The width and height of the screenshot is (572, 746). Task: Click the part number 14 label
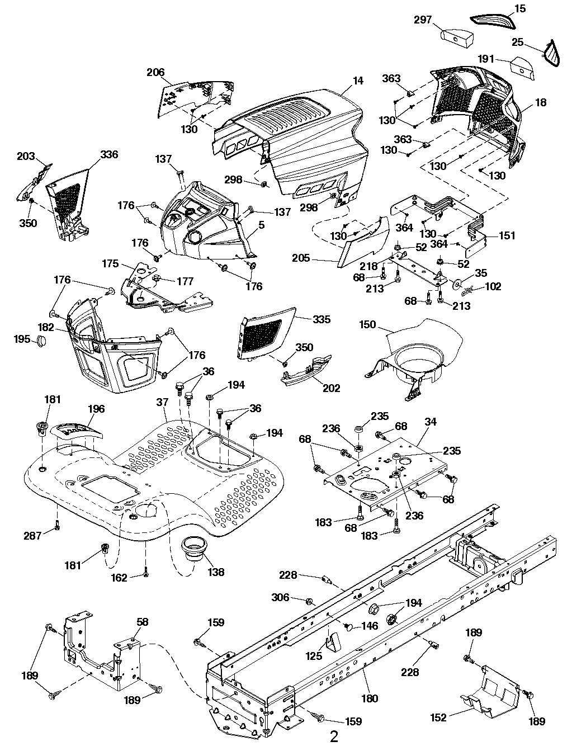point(358,81)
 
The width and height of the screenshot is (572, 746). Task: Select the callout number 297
point(423,20)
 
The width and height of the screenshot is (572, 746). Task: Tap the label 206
point(156,72)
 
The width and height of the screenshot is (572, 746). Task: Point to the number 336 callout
point(109,154)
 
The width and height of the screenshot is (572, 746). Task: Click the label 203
point(26,156)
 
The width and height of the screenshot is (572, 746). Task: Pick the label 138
point(216,572)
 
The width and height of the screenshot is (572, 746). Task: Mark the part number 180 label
point(370,698)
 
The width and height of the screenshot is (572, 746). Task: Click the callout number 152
point(439,717)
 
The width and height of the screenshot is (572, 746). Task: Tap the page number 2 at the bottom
point(334,736)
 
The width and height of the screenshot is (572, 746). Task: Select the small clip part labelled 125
point(332,643)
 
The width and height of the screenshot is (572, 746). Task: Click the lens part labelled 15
point(491,19)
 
